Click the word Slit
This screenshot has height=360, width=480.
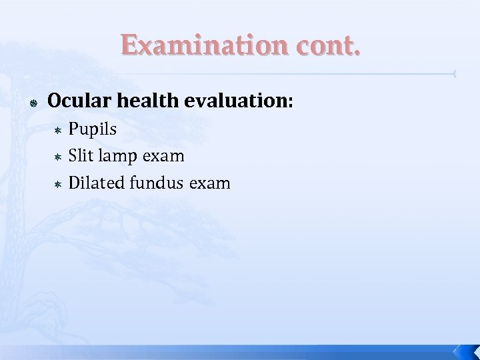pos(81,155)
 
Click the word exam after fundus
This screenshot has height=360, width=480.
pos(209,182)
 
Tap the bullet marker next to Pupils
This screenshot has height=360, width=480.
pos(58,130)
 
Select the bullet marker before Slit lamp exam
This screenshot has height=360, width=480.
pos(58,157)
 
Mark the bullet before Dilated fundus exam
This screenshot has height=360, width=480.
pos(58,183)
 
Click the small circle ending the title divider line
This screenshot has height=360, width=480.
pos(453,73)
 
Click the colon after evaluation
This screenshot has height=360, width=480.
pos(290,102)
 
